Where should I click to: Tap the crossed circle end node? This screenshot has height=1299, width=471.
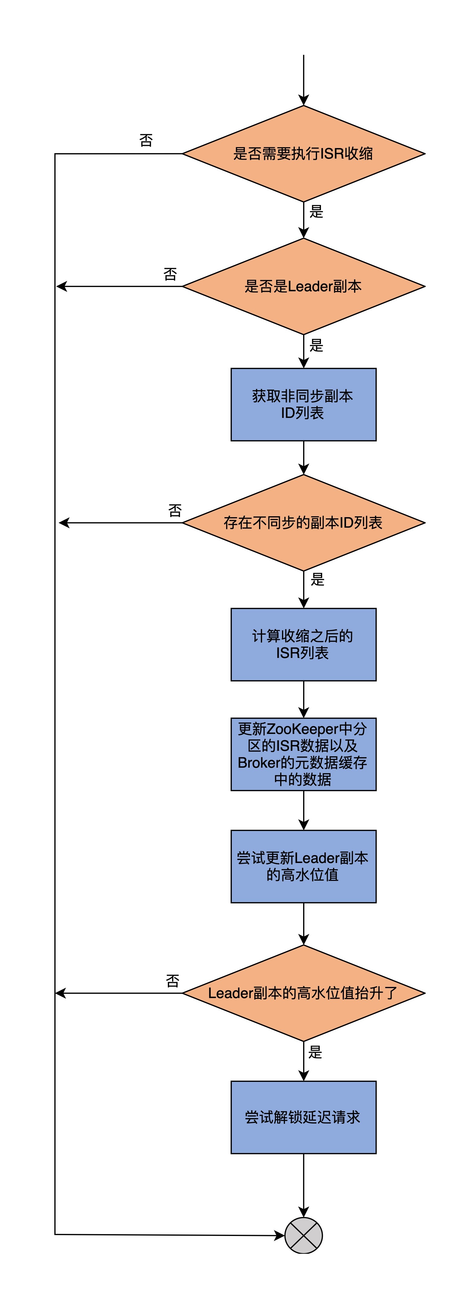pyautogui.click(x=303, y=1235)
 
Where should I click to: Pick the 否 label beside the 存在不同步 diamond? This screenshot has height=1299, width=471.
pyautogui.click(x=175, y=510)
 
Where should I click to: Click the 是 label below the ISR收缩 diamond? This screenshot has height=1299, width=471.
pyautogui.click(x=316, y=212)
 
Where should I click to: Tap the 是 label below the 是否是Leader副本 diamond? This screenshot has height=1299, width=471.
pyautogui.click(x=316, y=346)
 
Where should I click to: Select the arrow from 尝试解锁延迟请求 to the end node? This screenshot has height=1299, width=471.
pyautogui.click(x=303, y=1185)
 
